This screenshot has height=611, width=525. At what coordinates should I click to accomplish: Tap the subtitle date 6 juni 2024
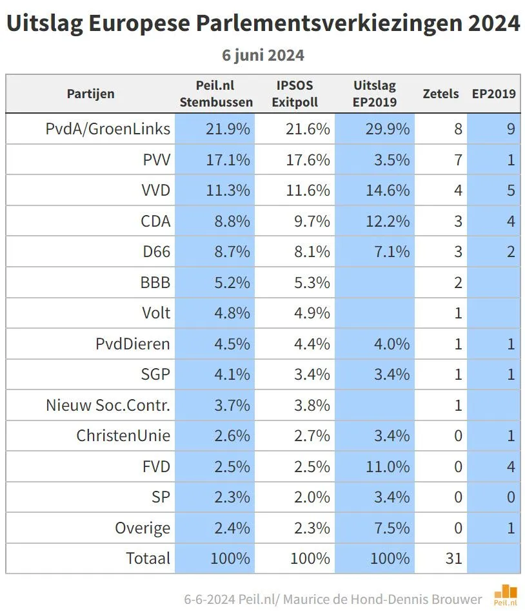pyautogui.click(x=262, y=55)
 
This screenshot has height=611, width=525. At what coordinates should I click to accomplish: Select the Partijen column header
pyautogui.click(x=90, y=94)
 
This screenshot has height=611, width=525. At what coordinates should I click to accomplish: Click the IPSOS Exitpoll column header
pyautogui.click(x=295, y=94)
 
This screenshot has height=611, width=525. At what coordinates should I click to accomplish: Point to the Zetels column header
pyautogui.click(x=441, y=94)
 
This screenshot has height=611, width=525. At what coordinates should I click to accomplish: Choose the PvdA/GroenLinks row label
pyautogui.click(x=108, y=129)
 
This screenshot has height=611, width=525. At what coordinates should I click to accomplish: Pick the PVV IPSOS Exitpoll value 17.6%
pyautogui.click(x=308, y=160)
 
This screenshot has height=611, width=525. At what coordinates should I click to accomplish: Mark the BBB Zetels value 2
pyautogui.click(x=458, y=282)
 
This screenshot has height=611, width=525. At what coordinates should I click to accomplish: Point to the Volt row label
pyautogui.click(x=156, y=313)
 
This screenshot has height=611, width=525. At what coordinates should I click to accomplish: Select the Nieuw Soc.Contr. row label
pyautogui.click(x=108, y=405)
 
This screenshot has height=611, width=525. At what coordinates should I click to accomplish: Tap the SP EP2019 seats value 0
pyautogui.click(x=510, y=497)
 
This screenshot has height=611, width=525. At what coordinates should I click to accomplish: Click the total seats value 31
pyautogui.click(x=453, y=557)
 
